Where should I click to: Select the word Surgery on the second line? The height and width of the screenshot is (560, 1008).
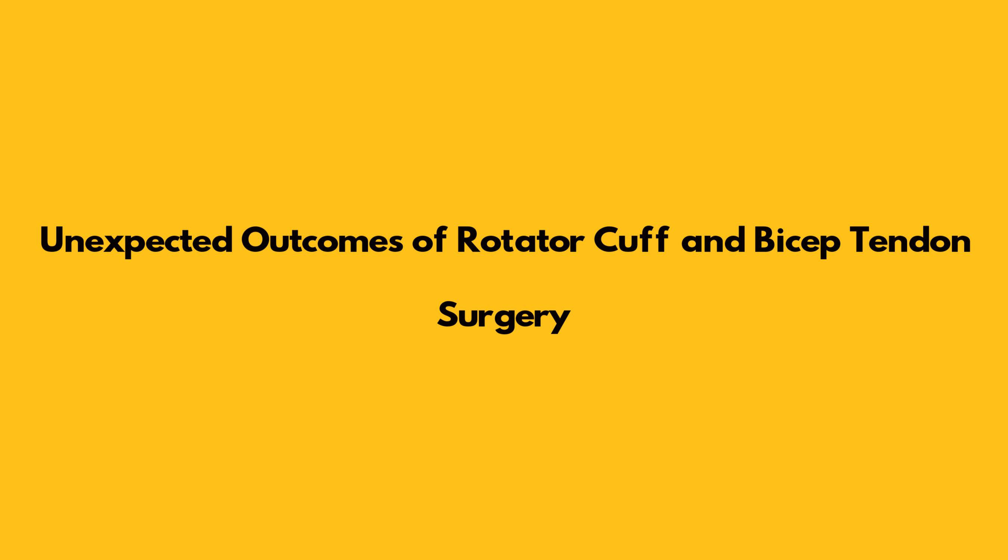click(504, 318)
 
